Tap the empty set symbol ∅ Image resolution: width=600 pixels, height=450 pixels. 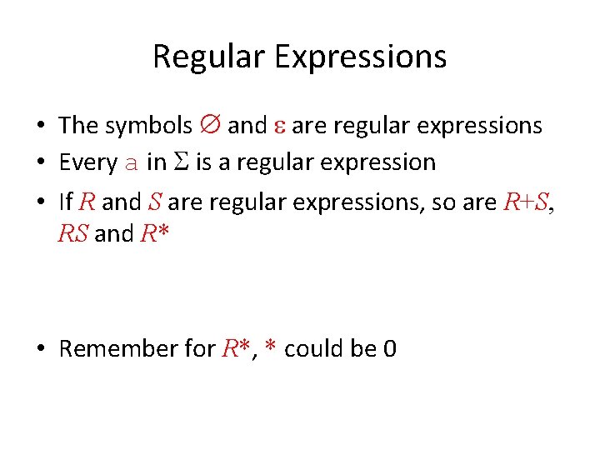click(x=210, y=125)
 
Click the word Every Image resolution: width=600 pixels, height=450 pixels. click(x=87, y=162)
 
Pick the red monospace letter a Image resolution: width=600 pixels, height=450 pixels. click(x=131, y=163)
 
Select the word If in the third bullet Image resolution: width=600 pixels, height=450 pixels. click(x=67, y=201)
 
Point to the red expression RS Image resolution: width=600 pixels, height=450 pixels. click(x=73, y=233)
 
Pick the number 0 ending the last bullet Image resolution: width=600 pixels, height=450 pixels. click(x=388, y=348)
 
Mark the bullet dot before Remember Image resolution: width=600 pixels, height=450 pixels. click(x=41, y=348)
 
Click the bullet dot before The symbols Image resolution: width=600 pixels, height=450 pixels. click(x=41, y=126)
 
